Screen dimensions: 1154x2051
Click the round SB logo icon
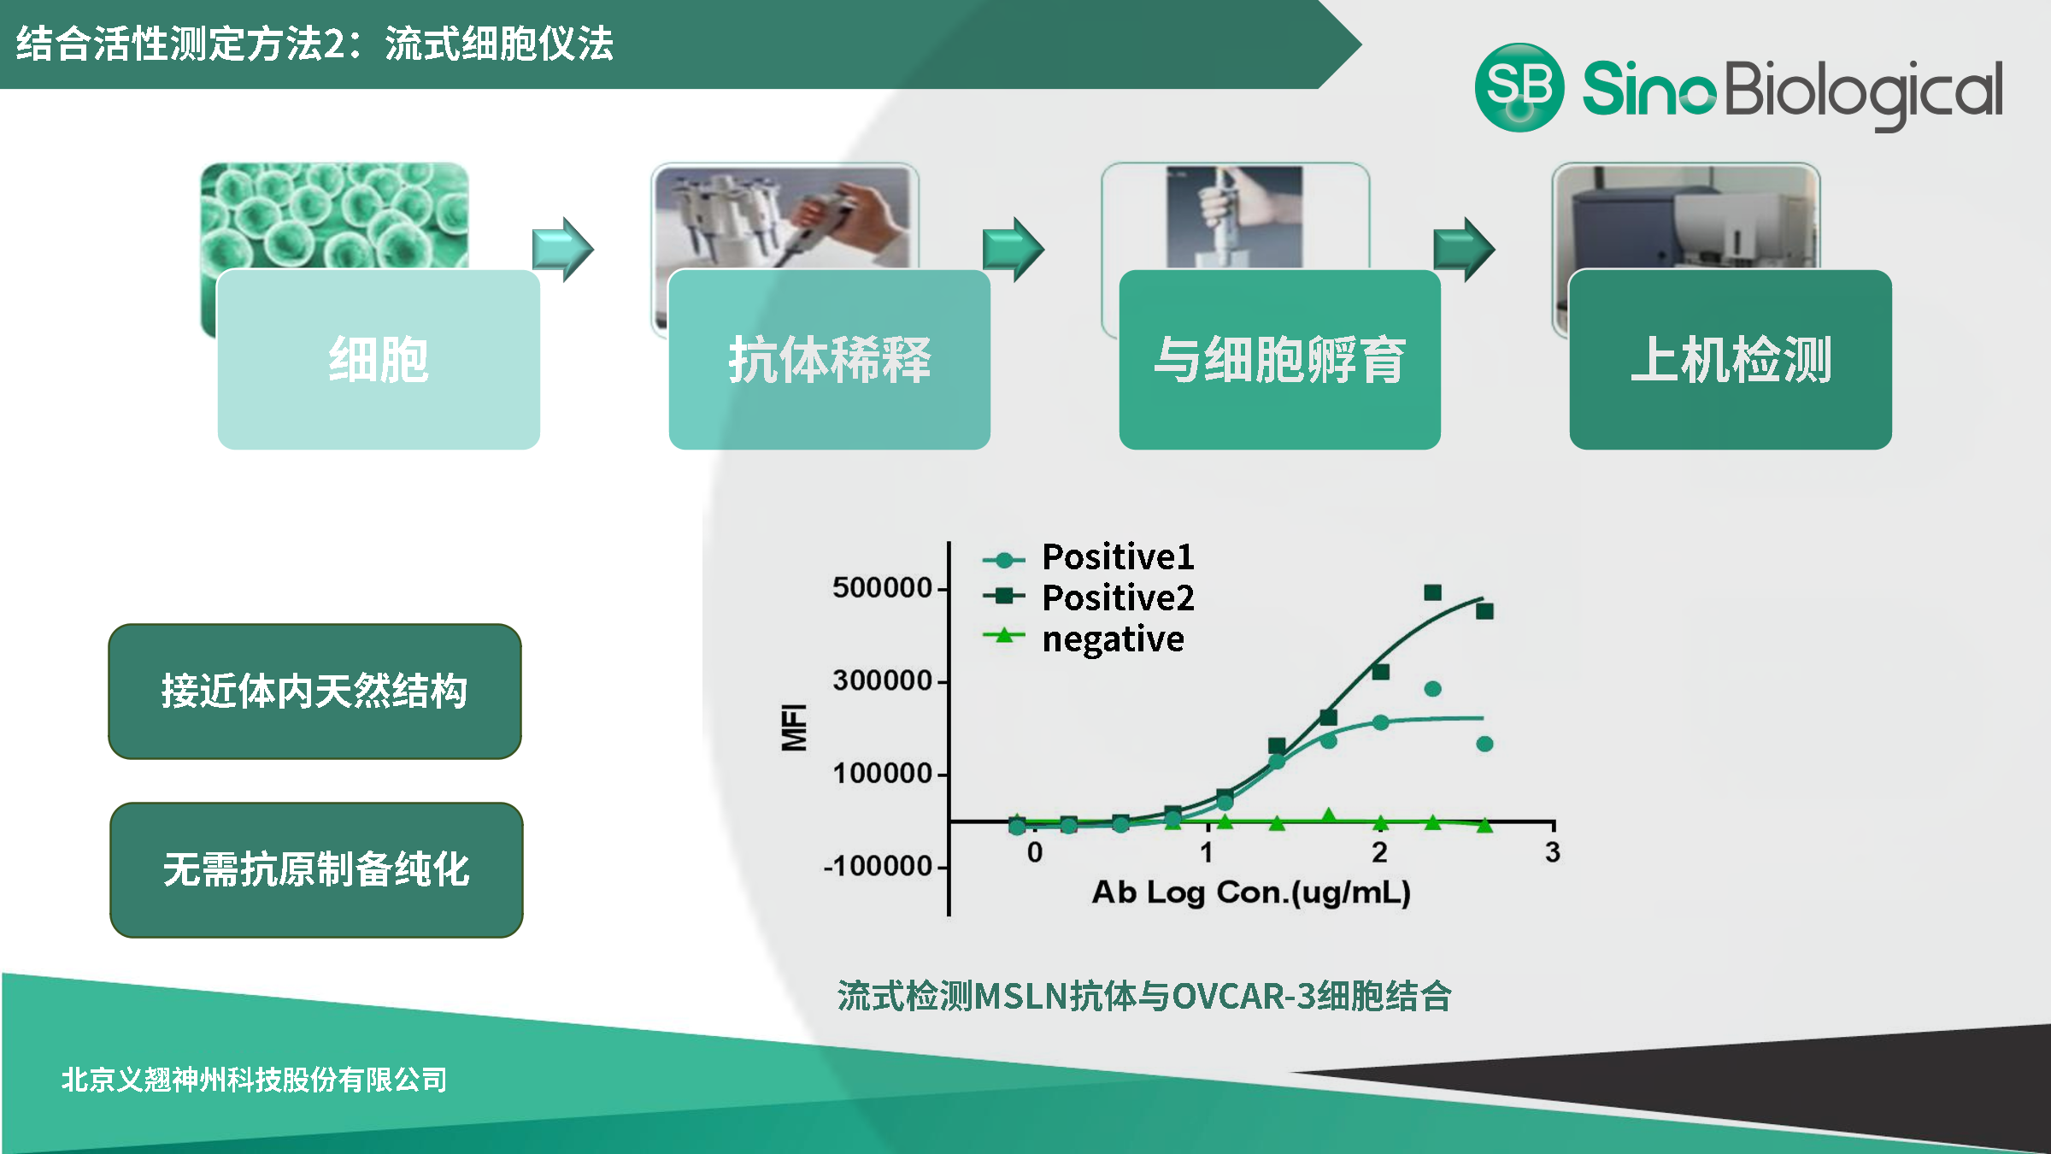click(x=1519, y=87)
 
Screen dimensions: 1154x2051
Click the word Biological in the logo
click(x=1863, y=91)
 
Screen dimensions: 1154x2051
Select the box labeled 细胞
click(x=379, y=359)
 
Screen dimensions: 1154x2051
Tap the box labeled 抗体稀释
click(x=829, y=359)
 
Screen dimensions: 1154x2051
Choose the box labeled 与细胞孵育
click(x=1279, y=359)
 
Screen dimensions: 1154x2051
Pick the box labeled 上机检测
click(x=1731, y=359)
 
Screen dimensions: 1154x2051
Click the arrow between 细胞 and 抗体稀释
click(x=562, y=249)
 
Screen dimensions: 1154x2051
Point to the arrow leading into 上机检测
click(x=1464, y=249)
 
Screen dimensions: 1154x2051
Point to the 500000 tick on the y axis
click(x=882, y=588)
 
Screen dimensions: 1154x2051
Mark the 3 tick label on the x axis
click(x=1553, y=852)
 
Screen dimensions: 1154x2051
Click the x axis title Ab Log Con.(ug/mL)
click(x=1251, y=892)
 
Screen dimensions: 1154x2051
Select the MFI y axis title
click(x=794, y=727)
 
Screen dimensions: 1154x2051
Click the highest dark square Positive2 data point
click(x=1433, y=592)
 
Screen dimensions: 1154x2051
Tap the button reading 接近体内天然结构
click(x=314, y=691)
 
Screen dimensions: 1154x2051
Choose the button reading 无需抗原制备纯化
click(x=316, y=869)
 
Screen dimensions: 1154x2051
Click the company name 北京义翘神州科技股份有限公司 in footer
click(x=254, y=1080)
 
